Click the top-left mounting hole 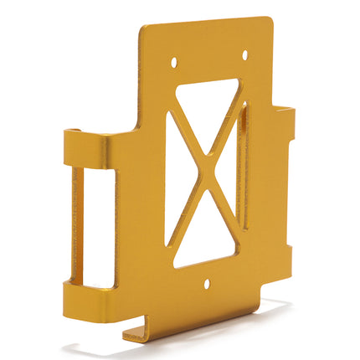[x=174, y=62]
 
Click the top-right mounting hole [x=244, y=55]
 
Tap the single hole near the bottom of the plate [x=207, y=284]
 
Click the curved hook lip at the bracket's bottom [x=138, y=333]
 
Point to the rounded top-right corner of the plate [x=268, y=22]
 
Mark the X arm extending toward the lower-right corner [x=224, y=219]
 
